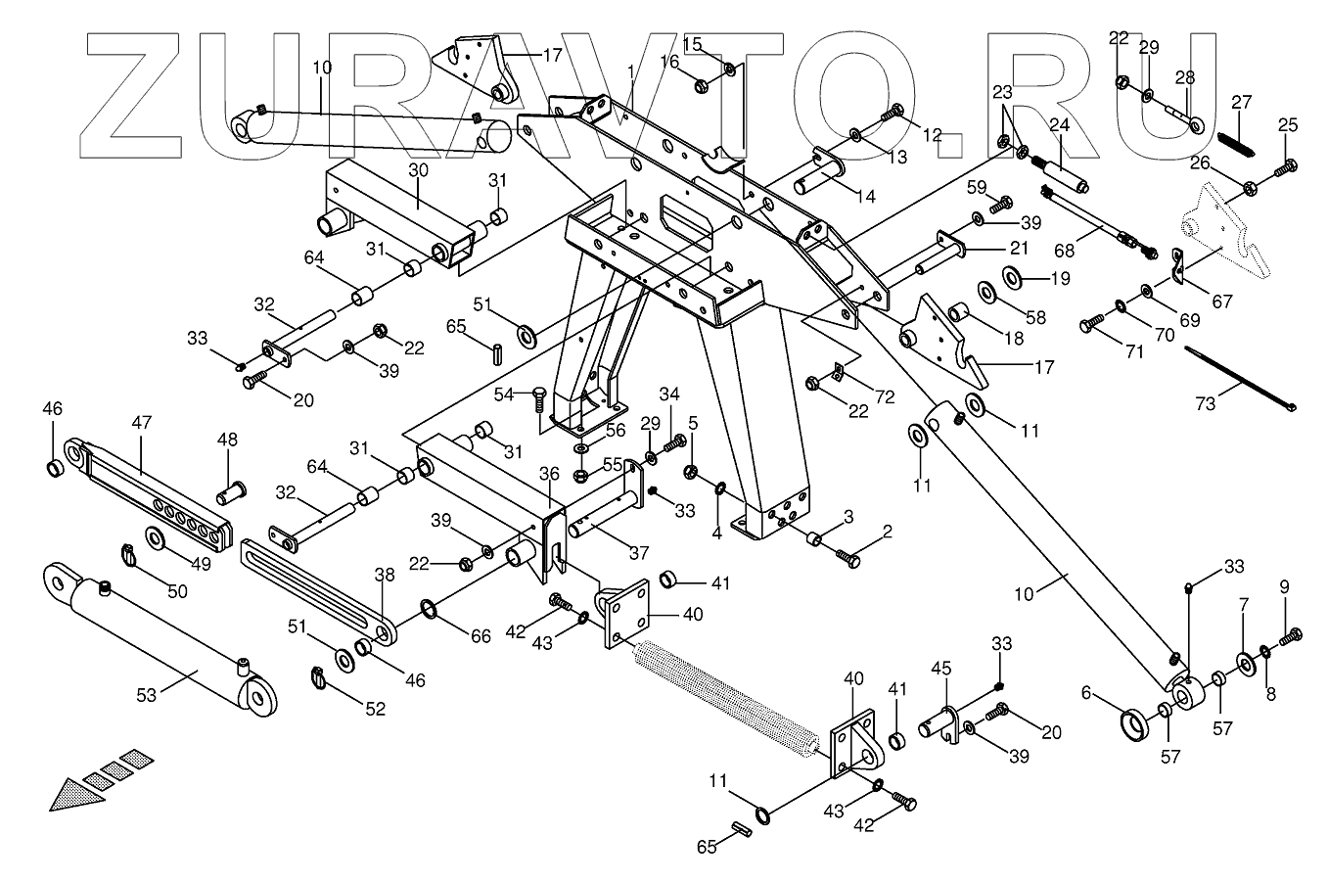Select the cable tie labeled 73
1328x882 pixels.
tap(1239, 376)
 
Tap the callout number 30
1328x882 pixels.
tap(418, 168)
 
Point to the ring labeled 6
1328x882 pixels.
tap(1138, 727)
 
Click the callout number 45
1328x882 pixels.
tap(939, 668)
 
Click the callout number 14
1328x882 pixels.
tap(865, 196)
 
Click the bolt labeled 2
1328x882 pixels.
tap(847, 558)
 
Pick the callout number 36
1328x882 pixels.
tap(548, 473)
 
